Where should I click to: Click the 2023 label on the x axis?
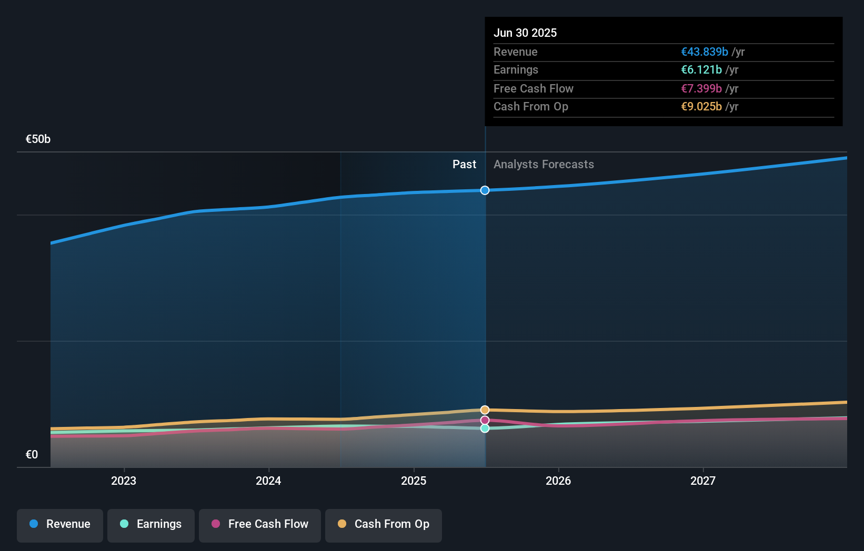tap(124, 481)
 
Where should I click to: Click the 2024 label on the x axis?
tap(268, 481)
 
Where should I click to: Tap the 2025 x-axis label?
tap(414, 481)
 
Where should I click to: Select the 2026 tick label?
tap(558, 481)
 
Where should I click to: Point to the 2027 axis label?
tap(703, 481)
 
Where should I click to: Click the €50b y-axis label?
tap(38, 139)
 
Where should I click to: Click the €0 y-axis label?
tap(32, 455)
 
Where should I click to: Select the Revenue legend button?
tap(60, 524)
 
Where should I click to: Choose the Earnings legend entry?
tap(151, 524)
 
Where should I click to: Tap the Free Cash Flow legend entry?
tap(260, 524)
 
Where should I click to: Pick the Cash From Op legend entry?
tap(384, 524)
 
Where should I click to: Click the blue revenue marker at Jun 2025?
tap(485, 190)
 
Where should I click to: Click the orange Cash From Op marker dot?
tap(485, 410)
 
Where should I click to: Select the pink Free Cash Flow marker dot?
tap(485, 420)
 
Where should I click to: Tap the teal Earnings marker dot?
tap(485, 428)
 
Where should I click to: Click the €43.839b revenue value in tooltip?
tap(705, 52)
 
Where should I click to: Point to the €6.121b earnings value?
tap(701, 70)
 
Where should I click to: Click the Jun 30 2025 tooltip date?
tap(525, 33)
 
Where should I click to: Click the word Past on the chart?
tap(464, 165)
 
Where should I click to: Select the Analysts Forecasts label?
tap(544, 165)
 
